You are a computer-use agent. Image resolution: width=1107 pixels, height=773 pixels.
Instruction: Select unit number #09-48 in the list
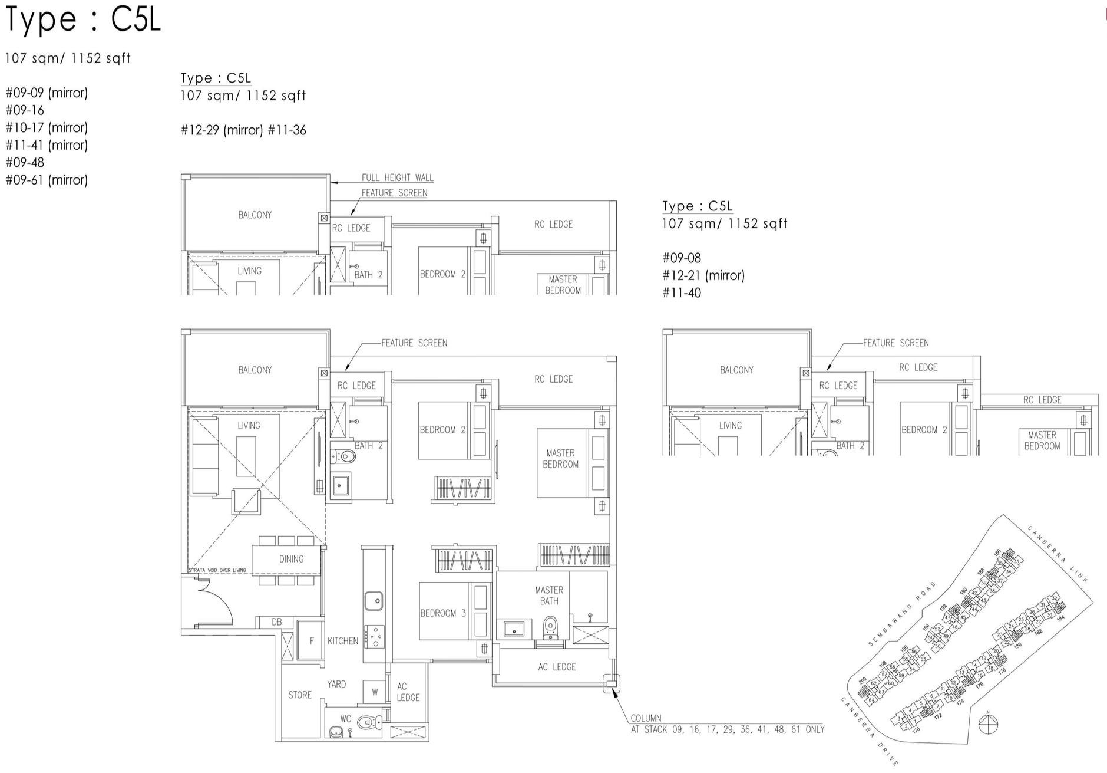click(x=25, y=162)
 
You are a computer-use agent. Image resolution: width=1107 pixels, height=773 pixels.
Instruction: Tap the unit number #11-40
click(x=682, y=293)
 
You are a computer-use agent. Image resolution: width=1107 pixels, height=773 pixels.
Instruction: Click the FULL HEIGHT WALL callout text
click(x=397, y=177)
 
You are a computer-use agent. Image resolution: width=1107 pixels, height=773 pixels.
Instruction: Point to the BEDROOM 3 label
click(x=443, y=613)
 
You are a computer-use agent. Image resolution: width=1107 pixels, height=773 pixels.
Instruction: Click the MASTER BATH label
click(x=549, y=596)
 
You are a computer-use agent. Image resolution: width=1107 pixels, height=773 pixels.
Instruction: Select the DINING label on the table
click(x=291, y=559)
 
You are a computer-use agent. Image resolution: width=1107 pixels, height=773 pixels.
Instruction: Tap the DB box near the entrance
click(x=276, y=622)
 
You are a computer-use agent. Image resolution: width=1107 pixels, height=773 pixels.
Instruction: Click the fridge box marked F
click(x=312, y=641)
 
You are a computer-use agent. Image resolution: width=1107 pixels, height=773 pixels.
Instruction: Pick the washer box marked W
click(x=375, y=692)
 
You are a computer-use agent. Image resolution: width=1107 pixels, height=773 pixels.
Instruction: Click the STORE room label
click(x=300, y=695)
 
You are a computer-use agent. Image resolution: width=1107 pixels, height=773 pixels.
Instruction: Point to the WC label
click(x=345, y=719)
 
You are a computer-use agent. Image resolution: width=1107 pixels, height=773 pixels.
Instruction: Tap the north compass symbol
click(x=988, y=723)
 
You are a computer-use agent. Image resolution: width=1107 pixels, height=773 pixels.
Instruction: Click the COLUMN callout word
click(x=646, y=718)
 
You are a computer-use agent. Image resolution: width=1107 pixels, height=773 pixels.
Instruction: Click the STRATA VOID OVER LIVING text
click(x=217, y=570)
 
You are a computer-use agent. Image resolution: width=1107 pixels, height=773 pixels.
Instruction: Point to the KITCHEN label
click(x=343, y=641)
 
